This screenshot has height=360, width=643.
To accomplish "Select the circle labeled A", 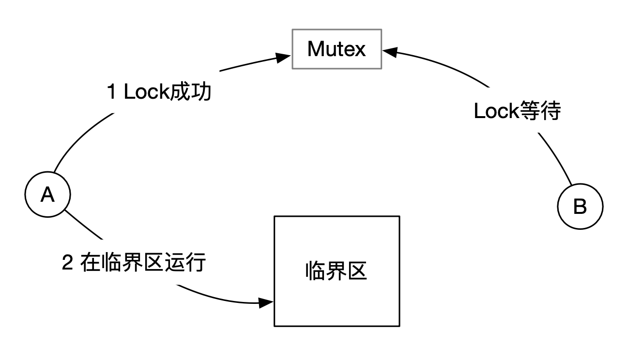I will pos(47,195).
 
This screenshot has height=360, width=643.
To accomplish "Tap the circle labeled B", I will pos(580,207).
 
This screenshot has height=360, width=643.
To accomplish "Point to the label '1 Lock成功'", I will pos(159,92).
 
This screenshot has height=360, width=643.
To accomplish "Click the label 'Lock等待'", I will pos(517,112).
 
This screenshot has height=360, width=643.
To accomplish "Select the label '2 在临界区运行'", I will pos(135,263).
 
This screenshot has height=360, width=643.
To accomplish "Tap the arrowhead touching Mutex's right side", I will pos(389,50).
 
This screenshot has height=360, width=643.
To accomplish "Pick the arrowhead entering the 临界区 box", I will pos(267,303).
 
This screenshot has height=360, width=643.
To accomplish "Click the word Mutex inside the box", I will pos(337,49).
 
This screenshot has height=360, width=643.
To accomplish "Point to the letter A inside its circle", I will pos(47,195).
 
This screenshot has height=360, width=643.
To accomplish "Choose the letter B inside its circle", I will pos(580,207).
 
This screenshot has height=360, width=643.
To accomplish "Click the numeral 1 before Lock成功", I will pos(112,92).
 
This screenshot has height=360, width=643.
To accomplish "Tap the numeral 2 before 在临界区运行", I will pos(68,264).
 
